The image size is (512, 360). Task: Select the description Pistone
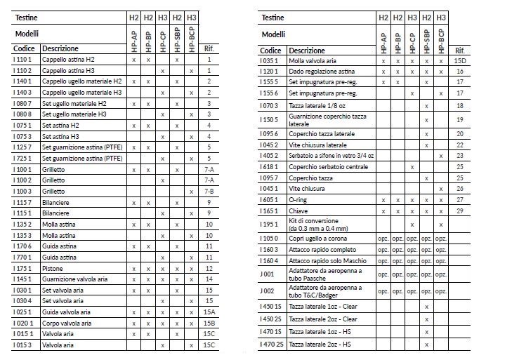pos(54,268)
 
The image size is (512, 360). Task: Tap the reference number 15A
pos(209,312)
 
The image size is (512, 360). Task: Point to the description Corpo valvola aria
pos(71,323)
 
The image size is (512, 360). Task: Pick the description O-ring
pos(298,199)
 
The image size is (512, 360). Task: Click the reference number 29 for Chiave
pos(460,211)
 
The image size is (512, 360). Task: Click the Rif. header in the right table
pos(460,51)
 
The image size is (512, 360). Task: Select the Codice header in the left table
pos(25,49)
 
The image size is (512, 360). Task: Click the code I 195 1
pos(270,224)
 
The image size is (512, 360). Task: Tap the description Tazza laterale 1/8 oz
pos(317,105)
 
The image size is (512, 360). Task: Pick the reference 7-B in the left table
pos(209,192)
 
